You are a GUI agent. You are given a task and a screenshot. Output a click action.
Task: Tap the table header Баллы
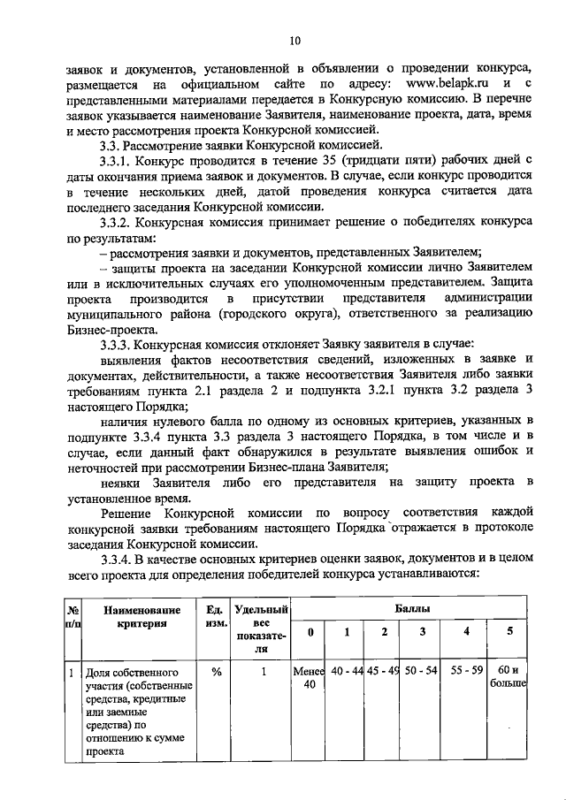pyautogui.click(x=409, y=610)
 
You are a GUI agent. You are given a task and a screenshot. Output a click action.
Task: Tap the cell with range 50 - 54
pyautogui.click(x=422, y=671)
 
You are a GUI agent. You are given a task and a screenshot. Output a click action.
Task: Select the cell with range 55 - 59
pyautogui.click(x=465, y=671)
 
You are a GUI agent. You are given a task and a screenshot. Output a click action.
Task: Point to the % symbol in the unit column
pyautogui.click(x=214, y=671)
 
